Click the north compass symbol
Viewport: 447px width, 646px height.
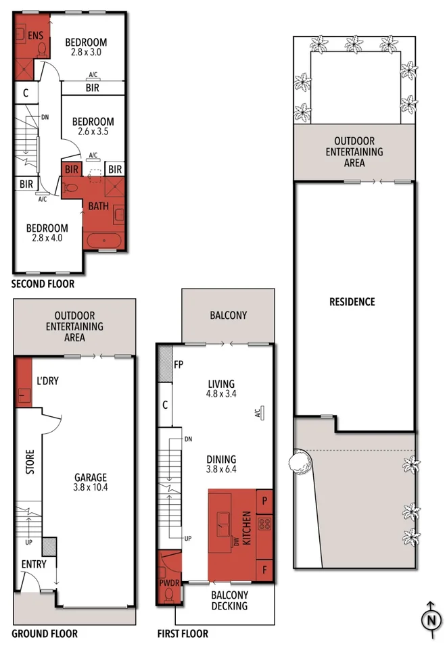[x=431, y=619]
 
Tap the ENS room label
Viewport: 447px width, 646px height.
[x=35, y=36]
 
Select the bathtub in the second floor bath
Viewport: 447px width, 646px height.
[x=104, y=241]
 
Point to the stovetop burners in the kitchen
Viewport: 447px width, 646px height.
[x=264, y=524]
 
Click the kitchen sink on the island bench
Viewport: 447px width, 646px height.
[x=223, y=524]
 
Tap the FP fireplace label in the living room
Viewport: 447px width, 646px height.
[x=179, y=365]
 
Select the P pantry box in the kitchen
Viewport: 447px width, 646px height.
[x=264, y=501]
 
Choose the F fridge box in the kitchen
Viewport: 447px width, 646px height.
[x=264, y=570]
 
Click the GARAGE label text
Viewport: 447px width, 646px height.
[x=91, y=478]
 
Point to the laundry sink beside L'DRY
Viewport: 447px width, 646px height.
[x=24, y=395]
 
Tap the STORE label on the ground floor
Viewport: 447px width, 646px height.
[x=30, y=462]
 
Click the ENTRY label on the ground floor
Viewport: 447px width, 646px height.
[x=34, y=564]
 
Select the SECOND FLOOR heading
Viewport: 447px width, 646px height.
[x=43, y=284]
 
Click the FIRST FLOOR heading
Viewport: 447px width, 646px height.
[x=183, y=634]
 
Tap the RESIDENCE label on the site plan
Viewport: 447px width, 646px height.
[x=352, y=302]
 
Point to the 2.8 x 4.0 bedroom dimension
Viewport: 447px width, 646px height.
[x=47, y=238]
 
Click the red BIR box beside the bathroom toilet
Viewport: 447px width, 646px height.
[x=71, y=170]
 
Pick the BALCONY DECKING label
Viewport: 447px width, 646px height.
[x=229, y=600]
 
